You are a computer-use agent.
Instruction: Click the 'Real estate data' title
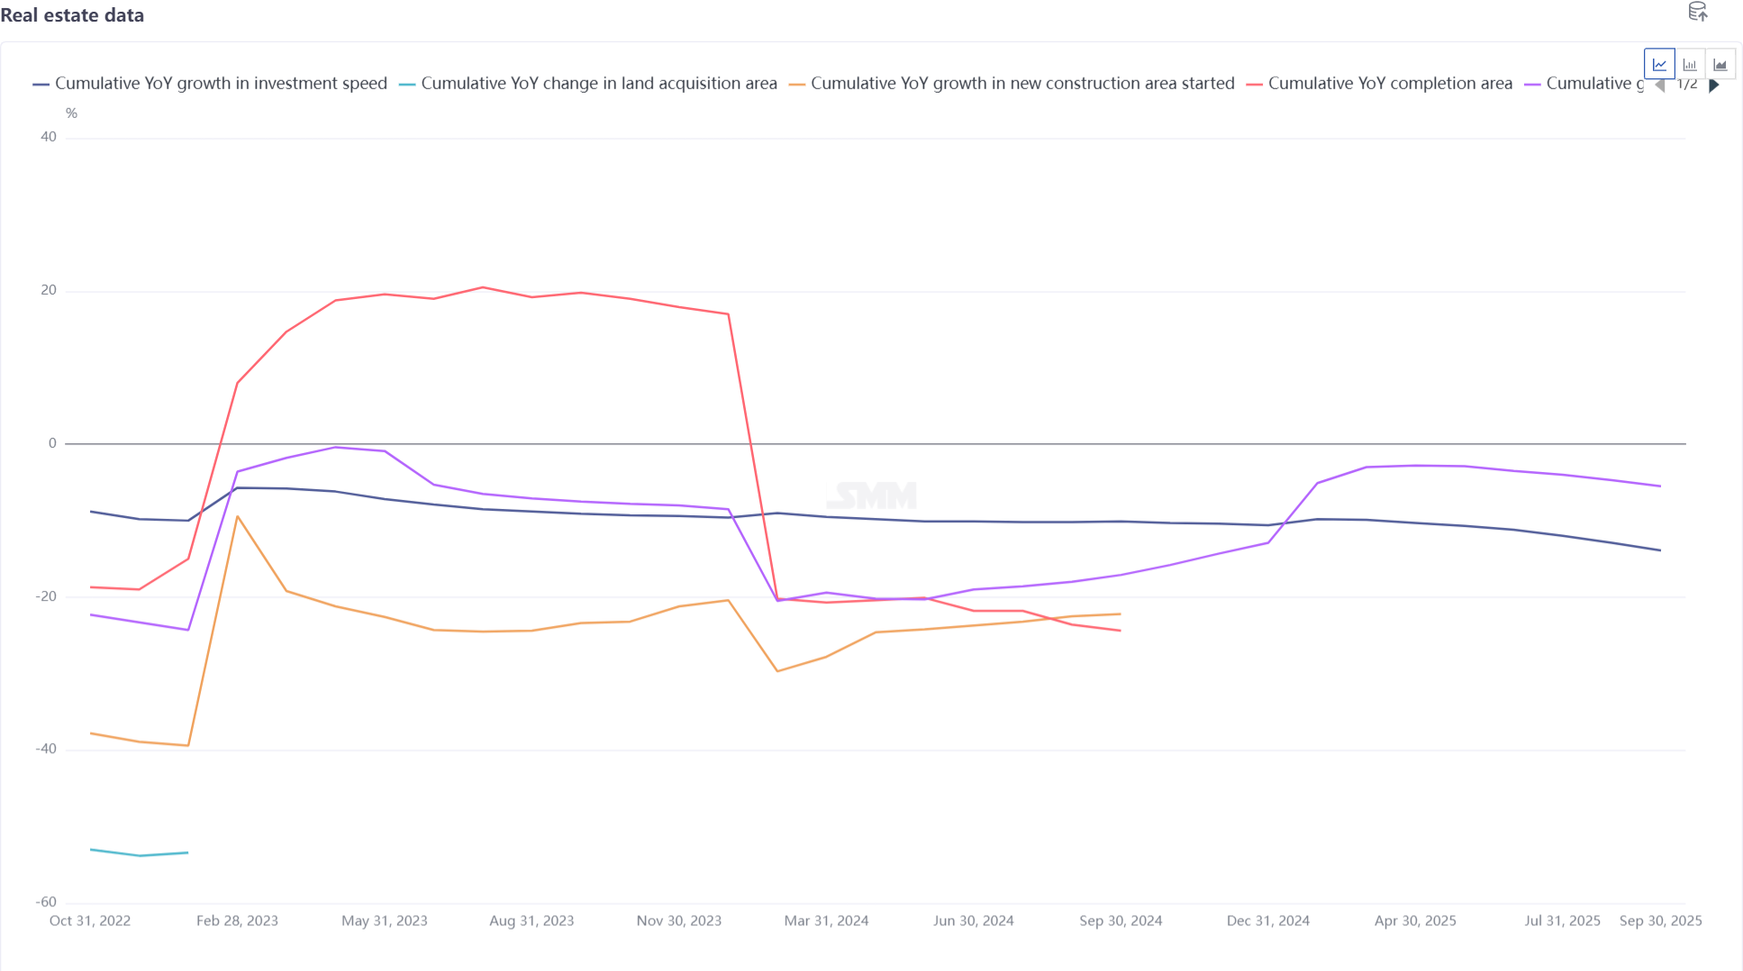(72, 15)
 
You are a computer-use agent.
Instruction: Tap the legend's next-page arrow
(1714, 86)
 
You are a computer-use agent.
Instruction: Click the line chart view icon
(1659, 65)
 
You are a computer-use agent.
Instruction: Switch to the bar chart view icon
(1690, 65)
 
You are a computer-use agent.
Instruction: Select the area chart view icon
(1720, 65)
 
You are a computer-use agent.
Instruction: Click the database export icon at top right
(1697, 12)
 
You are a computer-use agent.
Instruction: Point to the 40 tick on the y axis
(49, 137)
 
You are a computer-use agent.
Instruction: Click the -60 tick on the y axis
(46, 902)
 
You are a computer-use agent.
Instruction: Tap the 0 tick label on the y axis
(52, 443)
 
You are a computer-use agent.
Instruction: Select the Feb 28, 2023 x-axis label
(237, 921)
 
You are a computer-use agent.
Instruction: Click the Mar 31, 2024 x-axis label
(826, 921)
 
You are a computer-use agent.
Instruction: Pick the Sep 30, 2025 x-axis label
(1660, 921)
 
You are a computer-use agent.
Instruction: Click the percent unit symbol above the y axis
(71, 113)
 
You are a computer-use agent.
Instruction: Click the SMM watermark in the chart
(872, 495)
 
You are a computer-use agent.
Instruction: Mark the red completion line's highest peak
(483, 287)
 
